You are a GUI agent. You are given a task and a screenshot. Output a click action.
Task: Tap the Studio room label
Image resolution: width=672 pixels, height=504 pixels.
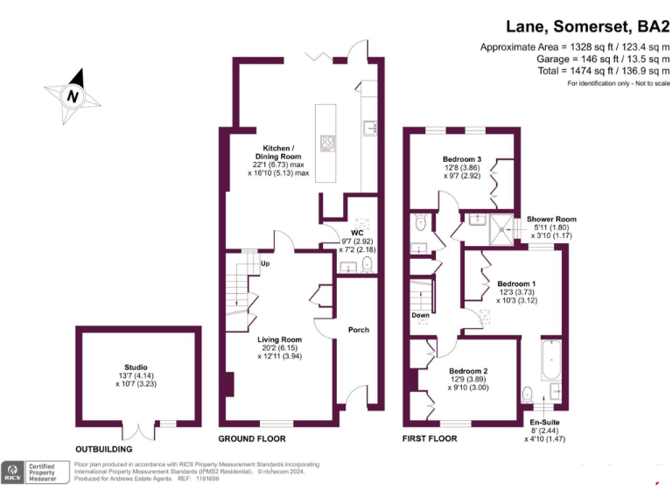point(136,367)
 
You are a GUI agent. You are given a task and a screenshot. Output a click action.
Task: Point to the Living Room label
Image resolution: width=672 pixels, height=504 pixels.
point(279,339)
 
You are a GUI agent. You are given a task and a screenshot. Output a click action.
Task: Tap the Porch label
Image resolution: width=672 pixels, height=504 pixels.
point(358,330)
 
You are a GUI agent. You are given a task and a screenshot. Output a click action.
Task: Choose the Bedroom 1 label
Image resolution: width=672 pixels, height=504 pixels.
point(516,283)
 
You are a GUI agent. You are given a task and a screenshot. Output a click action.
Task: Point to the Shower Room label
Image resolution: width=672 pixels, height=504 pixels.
point(551,219)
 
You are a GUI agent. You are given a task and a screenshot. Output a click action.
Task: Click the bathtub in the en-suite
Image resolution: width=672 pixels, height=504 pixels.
point(551,360)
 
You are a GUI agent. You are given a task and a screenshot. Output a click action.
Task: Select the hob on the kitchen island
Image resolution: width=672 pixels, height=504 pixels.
point(328,143)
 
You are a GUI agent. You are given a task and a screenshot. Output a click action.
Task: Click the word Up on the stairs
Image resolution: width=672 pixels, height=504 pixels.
point(264,263)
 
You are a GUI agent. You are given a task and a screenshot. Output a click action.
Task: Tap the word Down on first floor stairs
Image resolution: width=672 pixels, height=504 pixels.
point(420,315)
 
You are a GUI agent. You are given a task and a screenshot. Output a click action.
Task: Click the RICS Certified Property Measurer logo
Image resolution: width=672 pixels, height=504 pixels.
point(35,472)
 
